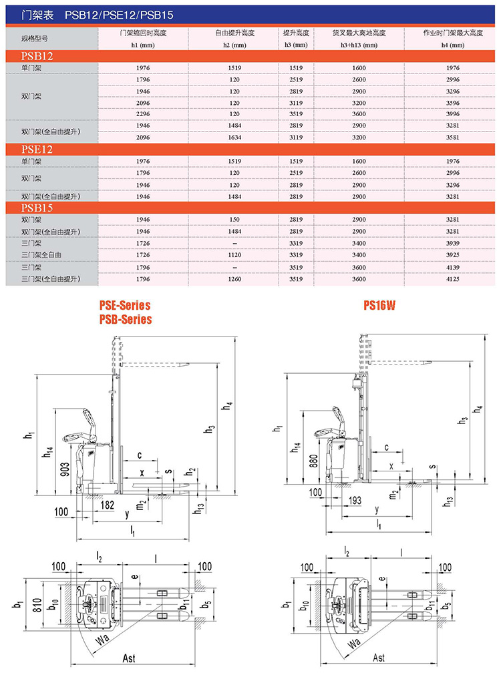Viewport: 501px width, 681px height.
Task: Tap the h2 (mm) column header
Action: [x=234, y=45]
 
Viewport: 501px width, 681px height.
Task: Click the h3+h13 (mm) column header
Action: [x=359, y=45]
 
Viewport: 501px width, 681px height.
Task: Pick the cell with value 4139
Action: [x=453, y=268]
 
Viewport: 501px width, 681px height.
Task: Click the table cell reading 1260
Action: [x=234, y=279]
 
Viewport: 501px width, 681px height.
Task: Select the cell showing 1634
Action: [x=234, y=138]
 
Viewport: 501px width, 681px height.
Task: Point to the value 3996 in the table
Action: [x=453, y=114]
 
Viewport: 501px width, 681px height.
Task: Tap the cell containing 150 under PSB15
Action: [x=234, y=220]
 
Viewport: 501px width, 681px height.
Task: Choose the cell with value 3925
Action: [x=453, y=255]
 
